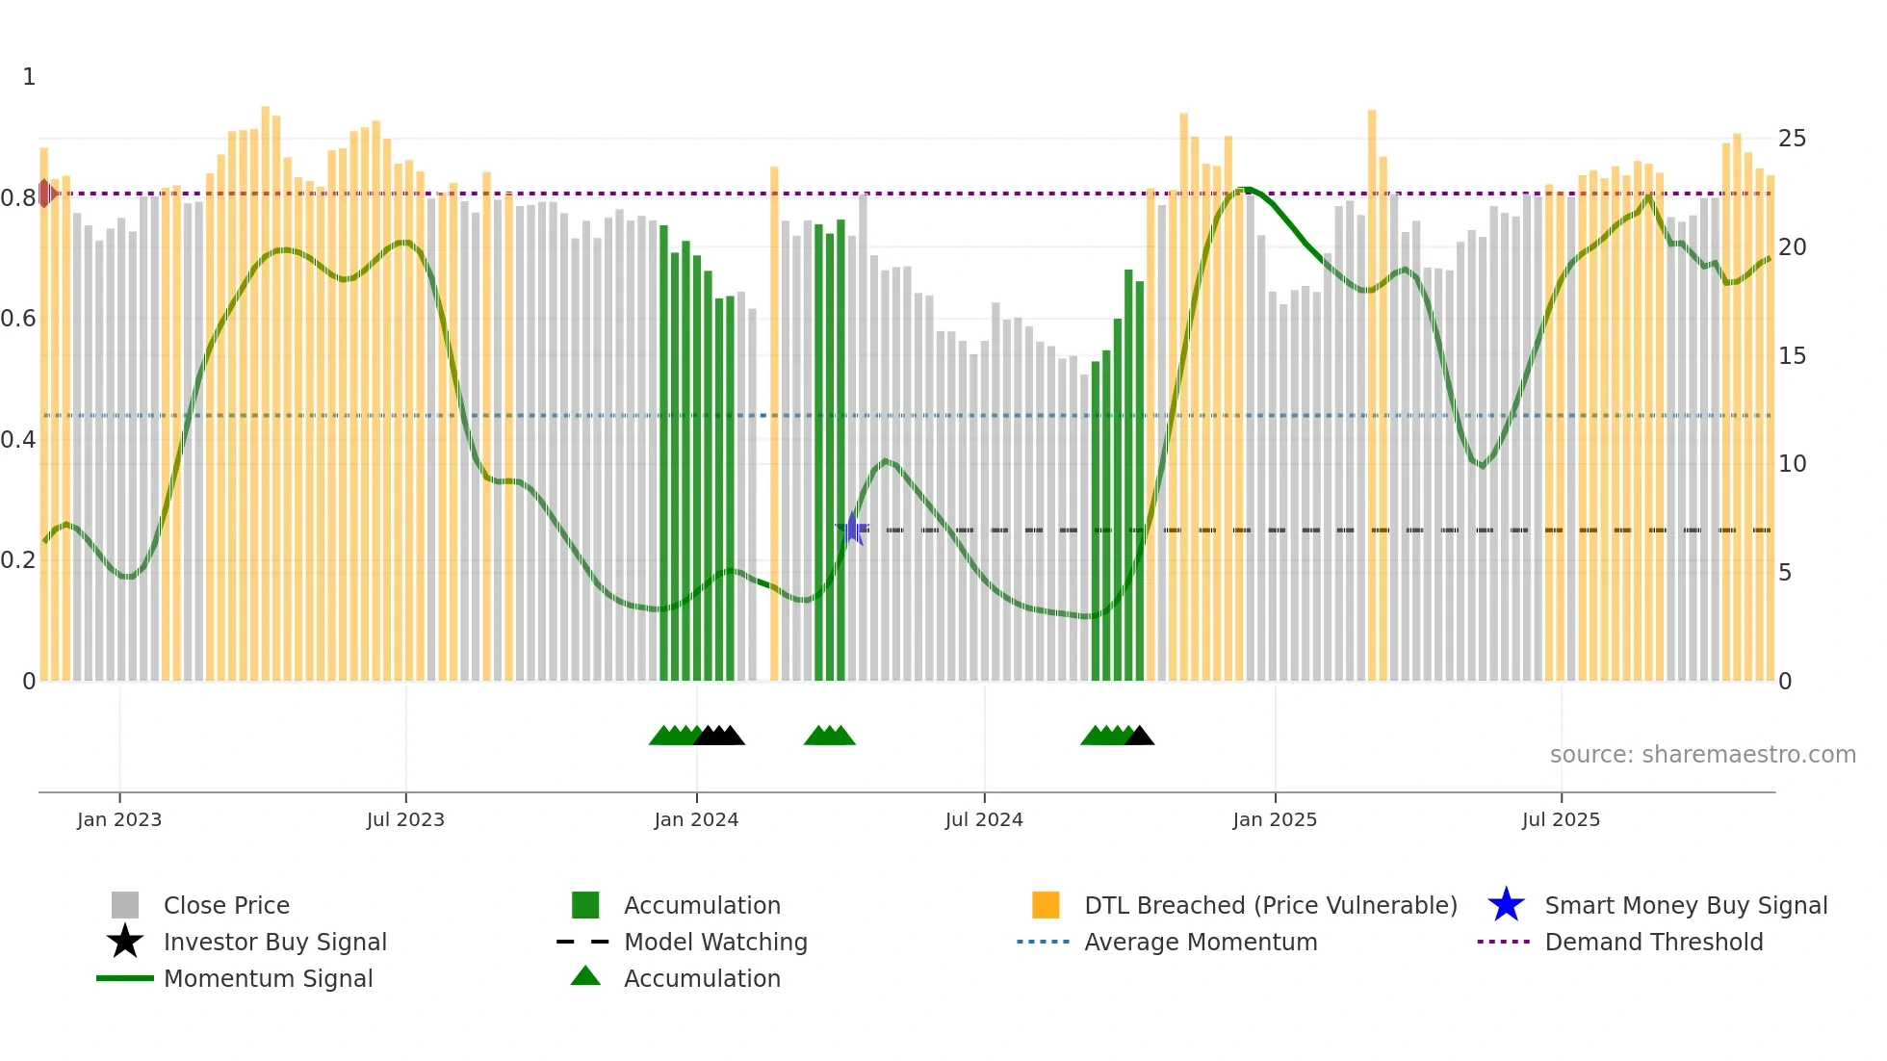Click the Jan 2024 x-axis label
tap(696, 819)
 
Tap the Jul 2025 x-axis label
tap(1561, 819)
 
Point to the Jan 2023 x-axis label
tap(119, 819)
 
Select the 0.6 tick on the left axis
tap(18, 319)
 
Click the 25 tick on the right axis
tap(1792, 139)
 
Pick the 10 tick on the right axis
tap(1792, 464)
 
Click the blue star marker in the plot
tap(852, 529)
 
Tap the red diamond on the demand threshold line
tap(45, 194)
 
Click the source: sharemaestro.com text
tap(1702, 755)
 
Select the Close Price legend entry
tap(226, 905)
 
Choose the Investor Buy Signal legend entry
tap(274, 942)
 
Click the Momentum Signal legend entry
tap(268, 978)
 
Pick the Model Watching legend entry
tap(715, 942)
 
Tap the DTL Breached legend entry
tap(1270, 905)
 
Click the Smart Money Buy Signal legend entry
tap(1685, 905)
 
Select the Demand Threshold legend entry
tap(1653, 942)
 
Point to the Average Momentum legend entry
tap(1200, 942)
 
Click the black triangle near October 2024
tap(1140, 737)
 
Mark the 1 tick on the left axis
tap(29, 77)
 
